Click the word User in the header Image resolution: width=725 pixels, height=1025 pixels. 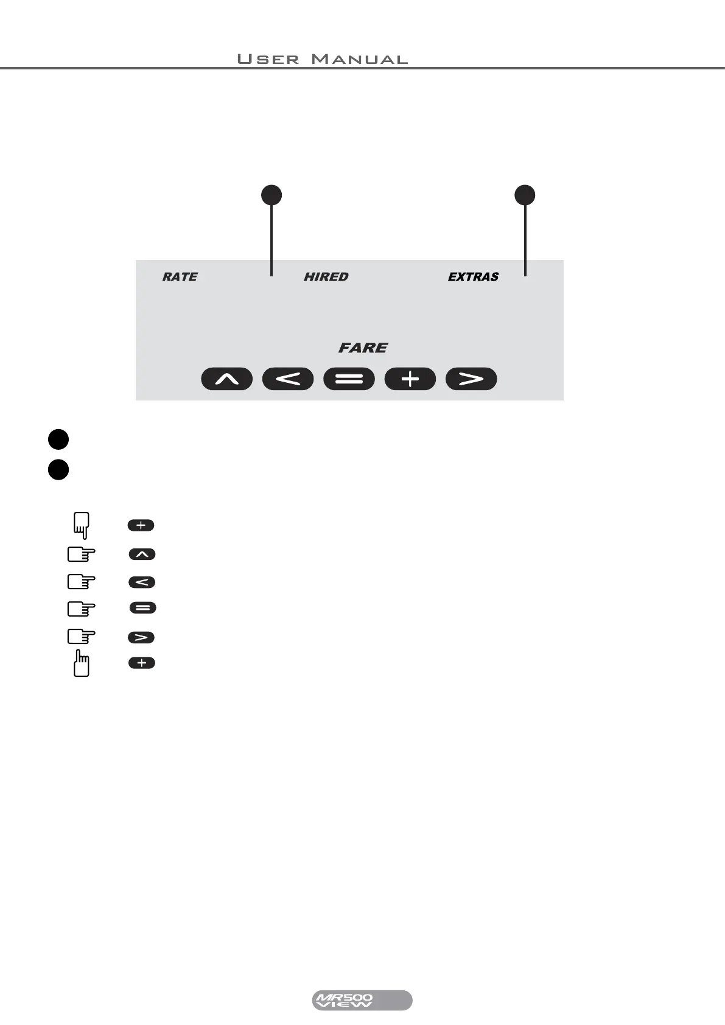point(268,59)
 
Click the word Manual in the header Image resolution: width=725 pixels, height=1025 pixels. point(359,59)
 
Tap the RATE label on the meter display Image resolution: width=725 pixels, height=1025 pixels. point(180,277)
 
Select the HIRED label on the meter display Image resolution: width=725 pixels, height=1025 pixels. point(326,277)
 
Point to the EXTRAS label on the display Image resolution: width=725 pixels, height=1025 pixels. point(473,277)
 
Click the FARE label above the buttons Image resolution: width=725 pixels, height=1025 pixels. point(363,348)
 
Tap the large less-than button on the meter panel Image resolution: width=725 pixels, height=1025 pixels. point(288,379)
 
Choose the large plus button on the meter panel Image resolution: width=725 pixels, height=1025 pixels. point(410,379)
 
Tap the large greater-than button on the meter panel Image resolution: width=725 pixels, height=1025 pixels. point(471,379)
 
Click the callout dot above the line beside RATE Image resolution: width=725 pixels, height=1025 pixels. point(271,195)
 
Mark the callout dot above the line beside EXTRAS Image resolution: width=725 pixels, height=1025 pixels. point(525,195)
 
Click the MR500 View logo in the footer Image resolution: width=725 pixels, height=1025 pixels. point(362,1000)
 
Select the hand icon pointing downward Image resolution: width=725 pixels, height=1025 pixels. point(81,525)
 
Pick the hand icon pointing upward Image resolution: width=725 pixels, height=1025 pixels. point(81,663)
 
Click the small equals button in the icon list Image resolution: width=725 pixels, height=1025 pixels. point(143,608)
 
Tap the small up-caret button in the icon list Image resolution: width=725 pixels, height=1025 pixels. point(142,554)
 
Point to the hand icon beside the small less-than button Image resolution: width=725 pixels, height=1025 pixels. point(81,582)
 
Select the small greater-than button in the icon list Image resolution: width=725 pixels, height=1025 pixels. point(141,637)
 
